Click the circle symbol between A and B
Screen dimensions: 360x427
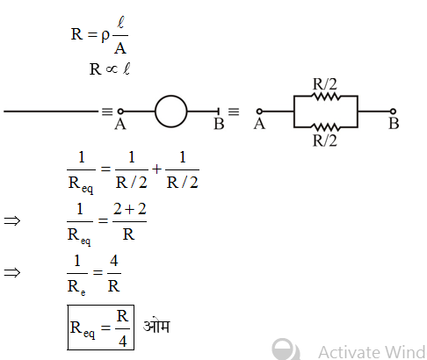tap(171, 112)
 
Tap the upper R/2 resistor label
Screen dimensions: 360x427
tap(327, 84)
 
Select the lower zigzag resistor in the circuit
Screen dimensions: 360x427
tap(327, 125)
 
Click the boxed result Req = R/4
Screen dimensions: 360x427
tap(101, 328)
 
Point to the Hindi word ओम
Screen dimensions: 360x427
tap(158, 328)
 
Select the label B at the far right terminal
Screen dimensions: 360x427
tap(394, 124)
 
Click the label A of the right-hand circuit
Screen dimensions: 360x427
tap(259, 124)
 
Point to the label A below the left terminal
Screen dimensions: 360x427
tap(119, 125)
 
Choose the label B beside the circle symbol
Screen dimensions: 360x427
tap(219, 125)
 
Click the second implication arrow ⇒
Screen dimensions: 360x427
tap(12, 273)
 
